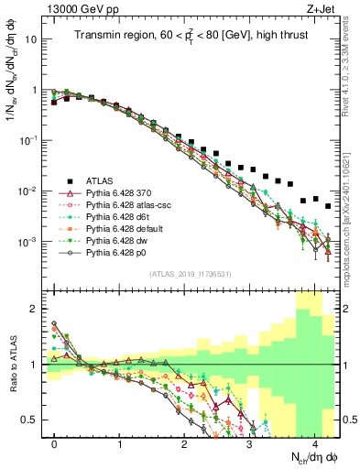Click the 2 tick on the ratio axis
[38, 309]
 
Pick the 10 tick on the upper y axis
[33, 40]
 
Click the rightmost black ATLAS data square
[328, 206]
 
